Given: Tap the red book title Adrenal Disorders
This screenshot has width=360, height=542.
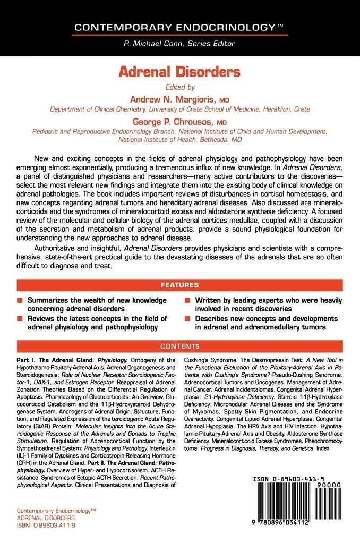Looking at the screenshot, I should pos(179,72).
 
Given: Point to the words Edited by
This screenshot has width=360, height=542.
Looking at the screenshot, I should pos(179,87).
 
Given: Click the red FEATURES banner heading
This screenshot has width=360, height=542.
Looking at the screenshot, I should pos(179,285).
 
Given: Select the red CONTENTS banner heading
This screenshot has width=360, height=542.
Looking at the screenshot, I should pos(179,346).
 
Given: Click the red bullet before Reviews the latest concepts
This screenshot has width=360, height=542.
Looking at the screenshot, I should pos(20,319).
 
